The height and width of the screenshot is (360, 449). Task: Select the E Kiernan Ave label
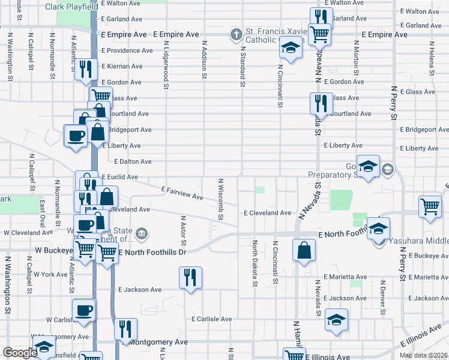point(122,66)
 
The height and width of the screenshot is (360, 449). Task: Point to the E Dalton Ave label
point(133,161)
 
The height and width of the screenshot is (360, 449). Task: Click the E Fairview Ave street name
point(182,193)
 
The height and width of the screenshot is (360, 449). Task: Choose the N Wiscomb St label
point(220,199)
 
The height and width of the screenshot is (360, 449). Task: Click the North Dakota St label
point(255,259)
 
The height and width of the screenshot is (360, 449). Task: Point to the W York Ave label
point(50,274)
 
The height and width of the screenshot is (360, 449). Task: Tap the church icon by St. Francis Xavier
point(238,35)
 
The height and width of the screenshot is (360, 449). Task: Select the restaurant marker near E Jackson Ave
point(190,278)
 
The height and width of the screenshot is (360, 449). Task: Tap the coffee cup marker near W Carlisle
point(84,311)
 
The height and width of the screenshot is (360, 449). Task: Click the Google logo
point(20,353)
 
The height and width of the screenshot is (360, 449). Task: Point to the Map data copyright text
point(423,355)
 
